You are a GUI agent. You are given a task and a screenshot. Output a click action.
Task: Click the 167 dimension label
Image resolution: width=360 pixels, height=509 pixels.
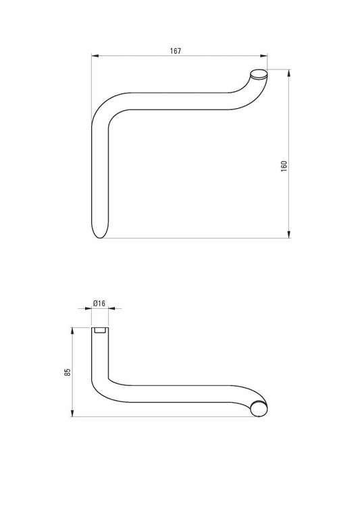pyautogui.click(x=176, y=51)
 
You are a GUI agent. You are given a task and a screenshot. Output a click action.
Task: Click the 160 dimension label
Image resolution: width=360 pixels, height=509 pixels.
pyautogui.click(x=284, y=166)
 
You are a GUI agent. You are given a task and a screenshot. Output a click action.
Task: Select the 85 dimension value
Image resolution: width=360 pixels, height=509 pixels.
pyautogui.click(x=68, y=372)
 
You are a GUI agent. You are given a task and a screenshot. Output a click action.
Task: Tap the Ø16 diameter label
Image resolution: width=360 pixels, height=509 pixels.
pyautogui.click(x=99, y=304)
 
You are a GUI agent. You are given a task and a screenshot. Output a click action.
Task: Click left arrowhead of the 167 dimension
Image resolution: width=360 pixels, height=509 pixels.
pyautogui.click(x=95, y=56)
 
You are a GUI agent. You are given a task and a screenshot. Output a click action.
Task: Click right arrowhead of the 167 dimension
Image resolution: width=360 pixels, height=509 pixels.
pyautogui.click(x=264, y=56)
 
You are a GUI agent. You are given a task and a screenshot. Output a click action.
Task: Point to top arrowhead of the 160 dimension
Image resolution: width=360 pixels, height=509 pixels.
pyautogui.click(x=288, y=73)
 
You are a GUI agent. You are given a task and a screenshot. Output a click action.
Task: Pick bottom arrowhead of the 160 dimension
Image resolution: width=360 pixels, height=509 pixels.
pyautogui.click(x=288, y=235)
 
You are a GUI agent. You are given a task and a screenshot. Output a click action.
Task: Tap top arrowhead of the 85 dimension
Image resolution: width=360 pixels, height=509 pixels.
pyautogui.click(x=72, y=331)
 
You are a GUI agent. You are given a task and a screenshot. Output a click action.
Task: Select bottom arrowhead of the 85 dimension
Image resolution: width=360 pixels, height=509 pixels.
pyautogui.click(x=72, y=413)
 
